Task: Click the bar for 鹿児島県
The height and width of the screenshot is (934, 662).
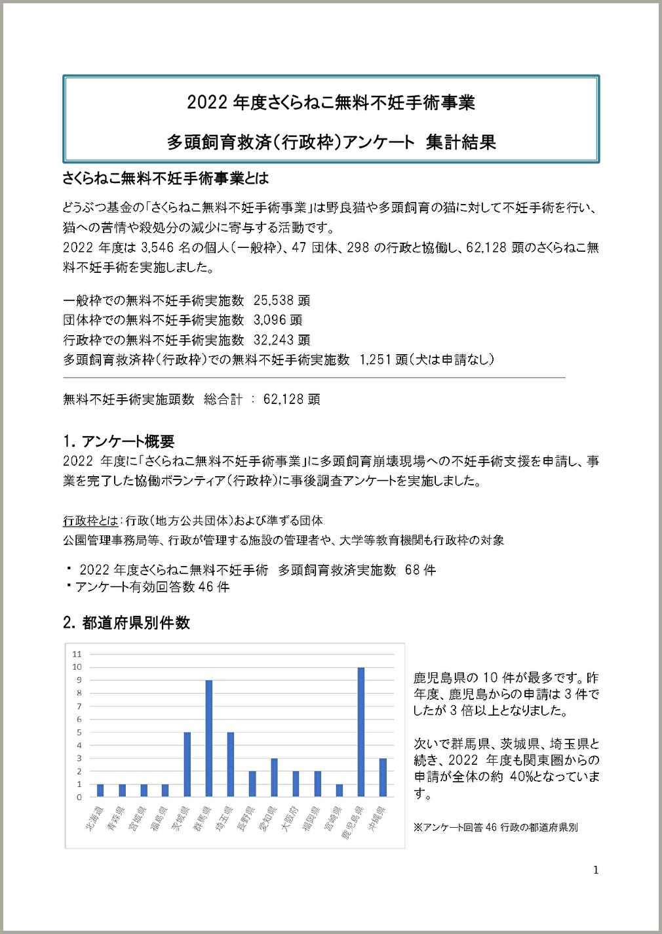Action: coord(361,732)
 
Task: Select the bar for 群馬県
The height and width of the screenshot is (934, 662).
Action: coord(209,739)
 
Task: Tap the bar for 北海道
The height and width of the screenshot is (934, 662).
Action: coord(100,790)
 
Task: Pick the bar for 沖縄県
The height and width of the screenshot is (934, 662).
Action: coord(383,777)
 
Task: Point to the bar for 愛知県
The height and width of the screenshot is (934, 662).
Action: coord(274,777)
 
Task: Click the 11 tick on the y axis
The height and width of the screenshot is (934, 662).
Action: coord(77,654)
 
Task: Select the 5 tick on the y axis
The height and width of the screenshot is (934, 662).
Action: coord(79,732)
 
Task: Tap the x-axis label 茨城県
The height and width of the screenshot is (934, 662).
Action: coord(180,819)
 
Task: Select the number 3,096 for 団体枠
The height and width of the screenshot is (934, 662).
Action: coord(269,320)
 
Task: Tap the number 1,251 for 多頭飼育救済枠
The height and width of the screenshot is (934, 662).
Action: coord(375,359)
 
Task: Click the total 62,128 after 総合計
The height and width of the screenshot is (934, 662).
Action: coord(282,399)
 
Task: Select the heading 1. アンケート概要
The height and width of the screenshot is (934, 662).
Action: coord(119,441)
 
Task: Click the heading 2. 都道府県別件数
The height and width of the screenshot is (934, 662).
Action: coord(127,622)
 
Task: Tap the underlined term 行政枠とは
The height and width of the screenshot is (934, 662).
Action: coord(90,521)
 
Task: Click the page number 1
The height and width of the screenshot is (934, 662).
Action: coord(595,870)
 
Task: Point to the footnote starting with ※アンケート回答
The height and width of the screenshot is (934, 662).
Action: coord(496,828)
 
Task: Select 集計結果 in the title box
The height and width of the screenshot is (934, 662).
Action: coord(461,142)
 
